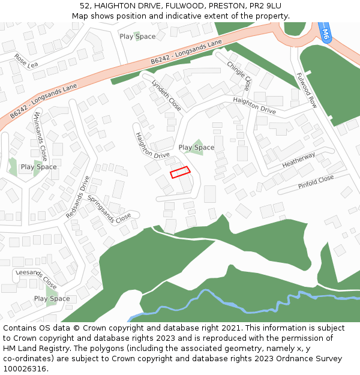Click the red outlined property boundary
[x=180, y=172]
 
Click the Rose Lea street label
[x=26, y=61]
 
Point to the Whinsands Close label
[x=41, y=136]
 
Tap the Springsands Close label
[x=109, y=208]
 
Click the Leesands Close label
[x=36, y=279]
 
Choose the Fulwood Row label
[x=307, y=90]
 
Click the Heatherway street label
[x=298, y=160]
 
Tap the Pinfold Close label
[x=316, y=182]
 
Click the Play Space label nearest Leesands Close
[x=52, y=299]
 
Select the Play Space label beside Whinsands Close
[x=38, y=167]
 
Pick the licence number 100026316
[x=25, y=369]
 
